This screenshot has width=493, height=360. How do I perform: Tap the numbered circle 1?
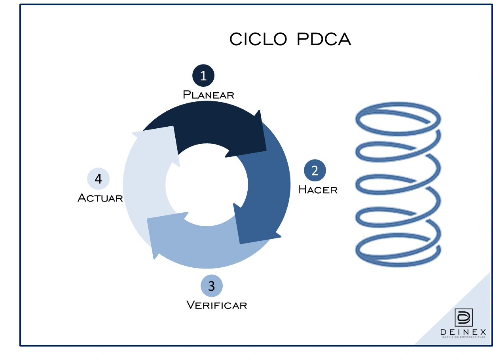pos(203,76)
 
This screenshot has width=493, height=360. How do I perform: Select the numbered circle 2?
pos(315,171)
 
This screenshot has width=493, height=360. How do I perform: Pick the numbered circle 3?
pos(212,286)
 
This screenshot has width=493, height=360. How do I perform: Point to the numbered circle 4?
pos(98,179)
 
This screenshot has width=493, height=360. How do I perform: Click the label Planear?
pos(209,95)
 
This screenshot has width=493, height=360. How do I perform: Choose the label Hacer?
pos(318,190)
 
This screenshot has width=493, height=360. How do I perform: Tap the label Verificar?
pos(216,305)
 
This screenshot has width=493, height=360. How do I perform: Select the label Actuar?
pos(100,198)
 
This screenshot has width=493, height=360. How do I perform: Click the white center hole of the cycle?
pos(206,185)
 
